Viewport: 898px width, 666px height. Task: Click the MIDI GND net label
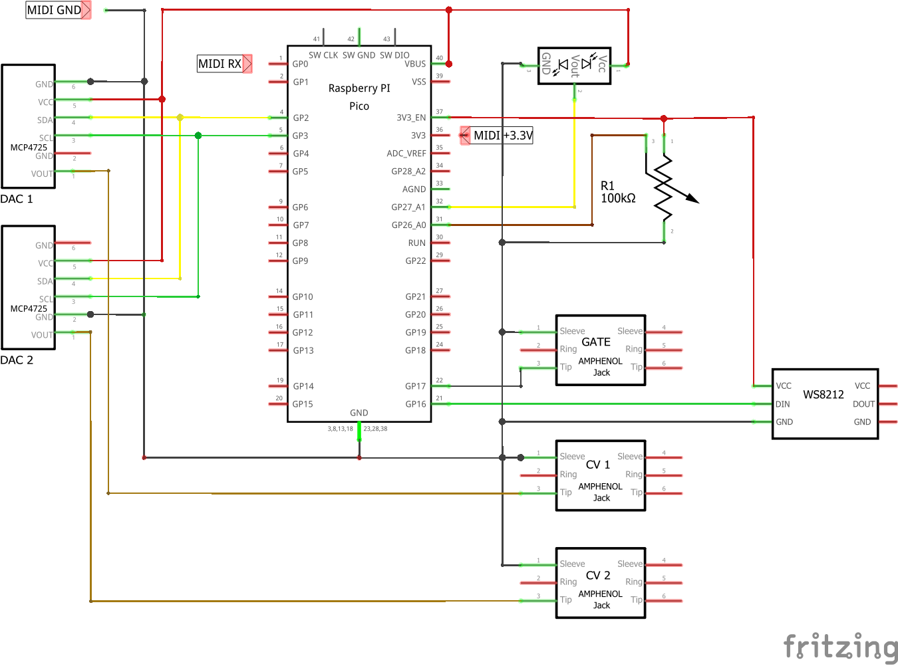tap(54, 10)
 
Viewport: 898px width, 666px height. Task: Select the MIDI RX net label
tap(220, 64)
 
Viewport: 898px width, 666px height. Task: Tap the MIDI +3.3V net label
tap(502, 136)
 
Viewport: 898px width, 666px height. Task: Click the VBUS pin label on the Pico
tap(415, 64)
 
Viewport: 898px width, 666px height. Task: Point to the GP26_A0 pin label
tap(408, 225)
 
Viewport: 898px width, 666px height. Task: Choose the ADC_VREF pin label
tap(406, 154)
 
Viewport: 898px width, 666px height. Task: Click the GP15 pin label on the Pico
tap(303, 404)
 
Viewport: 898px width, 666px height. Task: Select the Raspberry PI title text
tap(359, 88)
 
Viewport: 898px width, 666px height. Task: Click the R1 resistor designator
tap(607, 186)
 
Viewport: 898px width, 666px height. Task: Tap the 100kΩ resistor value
tap(618, 198)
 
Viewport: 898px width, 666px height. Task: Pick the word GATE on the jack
tap(596, 342)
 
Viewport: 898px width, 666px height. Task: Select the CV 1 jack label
tap(598, 465)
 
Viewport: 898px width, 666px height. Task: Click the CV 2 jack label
tap(598, 575)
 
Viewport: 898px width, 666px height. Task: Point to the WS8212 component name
tap(823, 394)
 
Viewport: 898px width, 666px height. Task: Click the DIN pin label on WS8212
tap(783, 404)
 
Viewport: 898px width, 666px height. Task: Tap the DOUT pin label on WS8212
tap(863, 404)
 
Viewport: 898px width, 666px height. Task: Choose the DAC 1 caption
tap(17, 199)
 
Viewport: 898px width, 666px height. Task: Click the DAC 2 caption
tap(17, 360)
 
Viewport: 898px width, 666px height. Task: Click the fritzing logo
tap(841, 646)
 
